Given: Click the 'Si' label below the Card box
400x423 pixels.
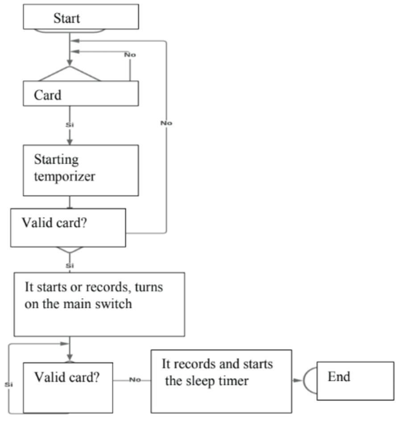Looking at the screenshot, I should (70, 125).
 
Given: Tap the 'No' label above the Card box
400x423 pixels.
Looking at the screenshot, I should (130, 55).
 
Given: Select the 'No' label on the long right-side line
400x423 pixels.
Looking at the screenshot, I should (166, 123).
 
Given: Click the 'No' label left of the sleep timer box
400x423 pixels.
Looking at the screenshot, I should (135, 380).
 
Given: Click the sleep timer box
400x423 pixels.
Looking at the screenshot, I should (221, 381).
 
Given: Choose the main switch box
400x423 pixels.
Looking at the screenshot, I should (99, 304).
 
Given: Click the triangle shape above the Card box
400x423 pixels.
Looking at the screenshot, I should (70, 74).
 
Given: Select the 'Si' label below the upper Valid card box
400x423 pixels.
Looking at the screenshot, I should (70, 266).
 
